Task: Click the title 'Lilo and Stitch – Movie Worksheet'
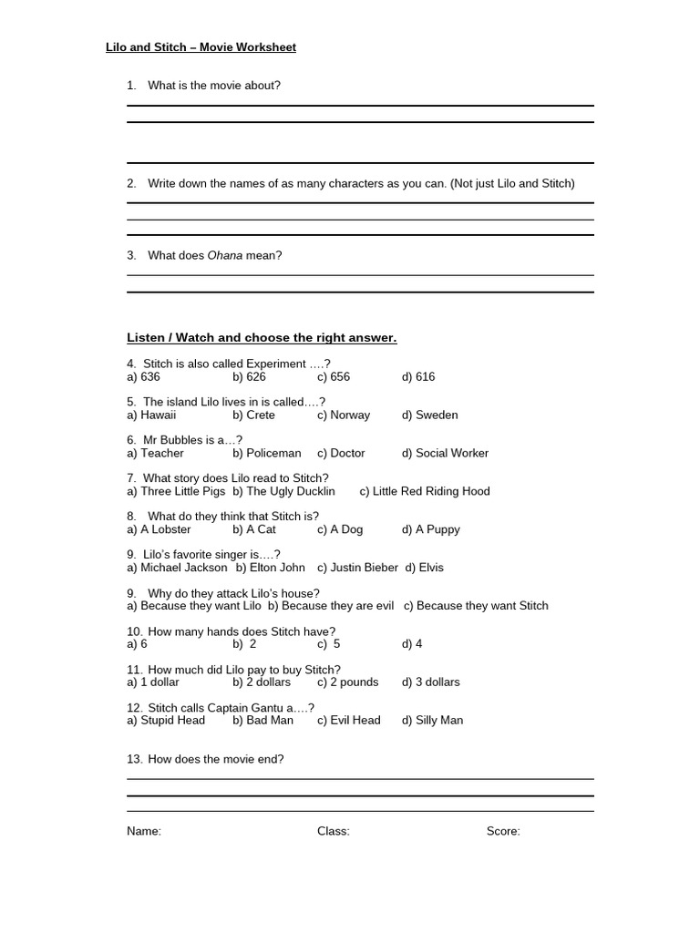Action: point(201,47)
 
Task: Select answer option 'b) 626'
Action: point(249,376)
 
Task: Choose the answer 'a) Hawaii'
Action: point(151,415)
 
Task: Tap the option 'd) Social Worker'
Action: point(445,453)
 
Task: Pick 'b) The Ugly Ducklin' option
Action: point(283,491)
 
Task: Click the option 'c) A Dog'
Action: point(340,529)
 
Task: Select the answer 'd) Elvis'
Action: point(425,568)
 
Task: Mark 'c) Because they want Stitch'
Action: point(476,606)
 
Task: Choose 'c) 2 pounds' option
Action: point(347,682)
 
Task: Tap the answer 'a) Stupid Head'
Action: point(166,721)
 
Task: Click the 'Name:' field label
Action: point(144,831)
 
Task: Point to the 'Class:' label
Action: point(334,831)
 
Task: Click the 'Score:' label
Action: point(503,831)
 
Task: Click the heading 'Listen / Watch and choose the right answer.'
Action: point(262,338)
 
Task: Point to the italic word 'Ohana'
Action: point(225,256)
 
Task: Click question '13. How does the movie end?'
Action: point(205,759)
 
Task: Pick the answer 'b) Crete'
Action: point(253,415)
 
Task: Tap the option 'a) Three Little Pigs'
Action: point(176,491)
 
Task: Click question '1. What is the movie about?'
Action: point(203,86)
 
